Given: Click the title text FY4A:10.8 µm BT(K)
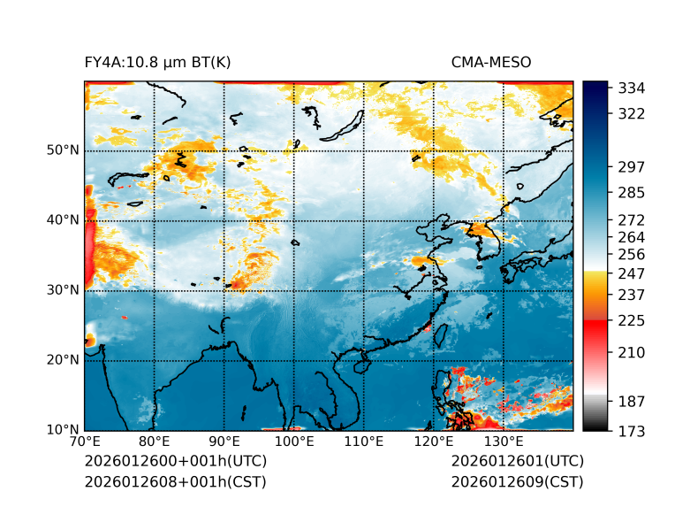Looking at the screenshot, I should tap(157, 63).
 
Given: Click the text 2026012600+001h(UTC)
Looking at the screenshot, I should tap(175, 462).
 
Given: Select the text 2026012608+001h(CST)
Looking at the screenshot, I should tap(175, 482).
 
